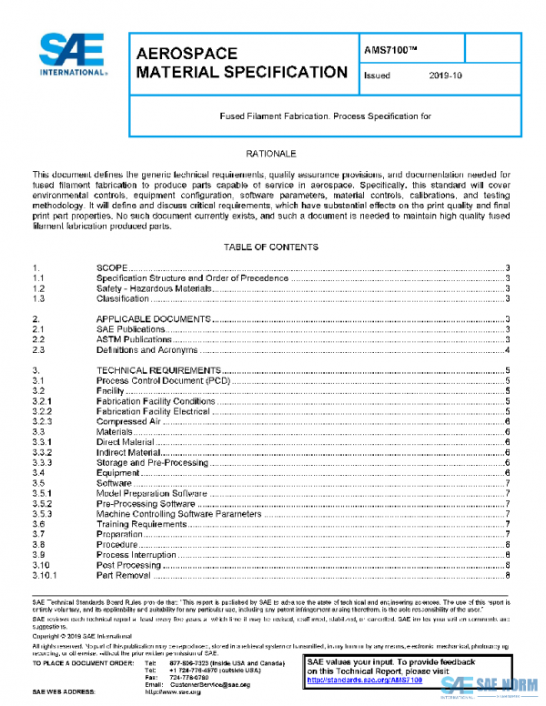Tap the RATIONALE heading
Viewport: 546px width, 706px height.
pyautogui.click(x=272, y=154)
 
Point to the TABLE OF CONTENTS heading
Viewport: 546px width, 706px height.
pyautogui.click(x=272, y=247)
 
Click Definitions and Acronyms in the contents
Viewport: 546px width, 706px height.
pyautogui.click(x=147, y=349)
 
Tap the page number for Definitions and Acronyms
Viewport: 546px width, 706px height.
pyautogui.click(x=506, y=349)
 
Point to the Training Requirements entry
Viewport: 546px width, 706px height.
pyautogui.click(x=141, y=524)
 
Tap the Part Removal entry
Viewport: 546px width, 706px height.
pyautogui.click(x=123, y=575)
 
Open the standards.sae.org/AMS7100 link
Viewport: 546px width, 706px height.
pyautogui.click(x=352, y=680)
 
